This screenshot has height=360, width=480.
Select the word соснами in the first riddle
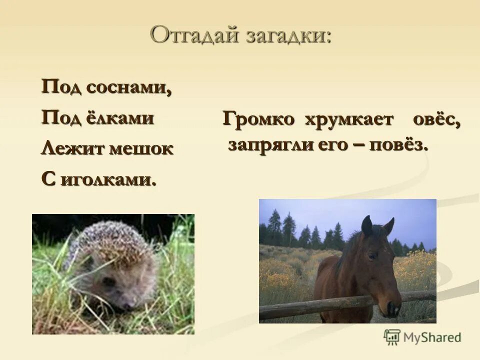[x=129, y=87]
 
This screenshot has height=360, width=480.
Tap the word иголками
[x=108, y=178]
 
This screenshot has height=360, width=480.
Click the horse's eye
[x=371, y=255]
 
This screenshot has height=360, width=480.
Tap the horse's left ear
[x=367, y=226]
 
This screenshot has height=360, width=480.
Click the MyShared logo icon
[x=392, y=337]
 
